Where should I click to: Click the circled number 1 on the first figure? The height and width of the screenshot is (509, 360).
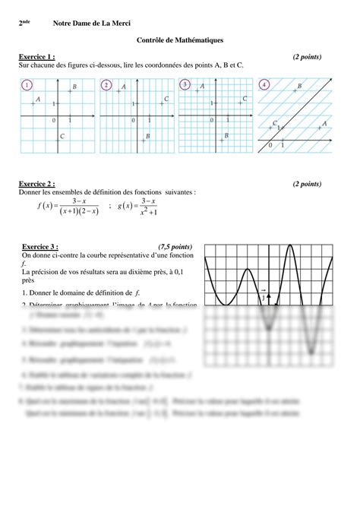coord(28,85)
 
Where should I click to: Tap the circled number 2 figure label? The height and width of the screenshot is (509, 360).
coord(106,85)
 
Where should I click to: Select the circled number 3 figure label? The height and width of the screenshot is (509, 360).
coord(185,85)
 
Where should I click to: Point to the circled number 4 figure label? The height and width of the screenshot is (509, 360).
coord(264,85)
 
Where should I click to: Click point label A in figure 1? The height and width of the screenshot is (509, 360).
coord(38,100)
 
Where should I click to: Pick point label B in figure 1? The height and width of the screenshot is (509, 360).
coord(74,88)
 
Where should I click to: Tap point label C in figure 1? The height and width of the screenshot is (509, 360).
coord(61,136)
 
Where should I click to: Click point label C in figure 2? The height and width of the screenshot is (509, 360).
coord(166,99)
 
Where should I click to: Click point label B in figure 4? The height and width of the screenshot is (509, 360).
coord(299,87)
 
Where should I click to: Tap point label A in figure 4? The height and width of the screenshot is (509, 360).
coord(324,123)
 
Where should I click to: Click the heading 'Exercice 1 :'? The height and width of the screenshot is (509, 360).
coord(36,57)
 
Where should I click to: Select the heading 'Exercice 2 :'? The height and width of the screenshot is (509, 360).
coord(36,184)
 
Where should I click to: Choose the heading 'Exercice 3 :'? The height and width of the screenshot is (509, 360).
coord(40,247)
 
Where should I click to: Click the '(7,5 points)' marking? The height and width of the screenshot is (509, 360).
coord(175,247)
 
